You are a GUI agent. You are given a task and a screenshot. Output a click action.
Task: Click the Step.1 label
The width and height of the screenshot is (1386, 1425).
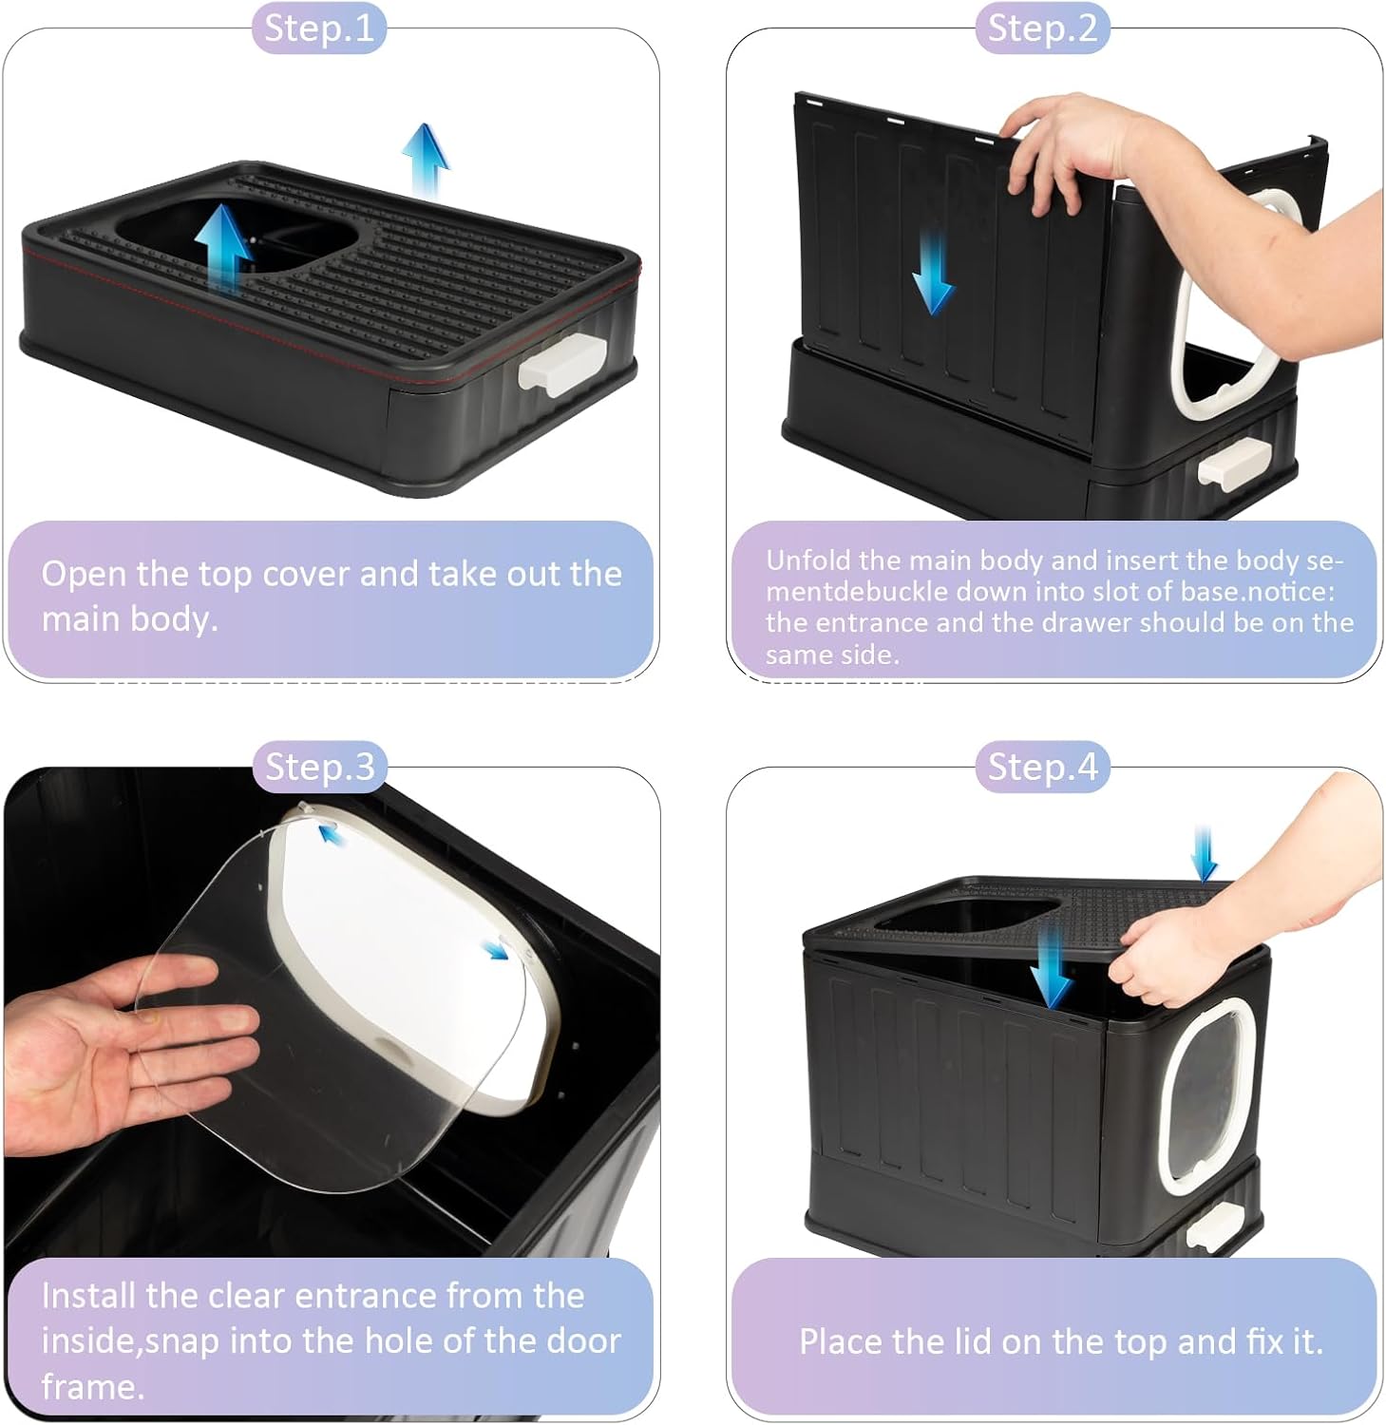click(318, 28)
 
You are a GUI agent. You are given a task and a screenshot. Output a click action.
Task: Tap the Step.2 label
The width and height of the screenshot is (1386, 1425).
click(1042, 28)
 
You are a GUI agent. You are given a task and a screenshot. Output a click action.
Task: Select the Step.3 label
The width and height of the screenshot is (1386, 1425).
click(319, 767)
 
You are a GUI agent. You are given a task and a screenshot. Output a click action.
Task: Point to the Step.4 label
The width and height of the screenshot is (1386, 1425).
click(1042, 767)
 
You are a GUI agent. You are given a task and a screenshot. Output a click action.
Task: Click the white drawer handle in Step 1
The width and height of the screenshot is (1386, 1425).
click(561, 364)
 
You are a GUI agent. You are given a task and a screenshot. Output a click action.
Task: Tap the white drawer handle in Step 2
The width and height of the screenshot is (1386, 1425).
click(1231, 465)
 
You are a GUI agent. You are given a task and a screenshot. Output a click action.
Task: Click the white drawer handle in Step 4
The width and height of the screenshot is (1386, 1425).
click(1216, 1227)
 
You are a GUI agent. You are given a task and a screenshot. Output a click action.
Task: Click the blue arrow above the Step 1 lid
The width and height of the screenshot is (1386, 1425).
click(425, 161)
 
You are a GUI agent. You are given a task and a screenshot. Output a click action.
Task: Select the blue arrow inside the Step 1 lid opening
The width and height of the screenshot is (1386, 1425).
click(224, 245)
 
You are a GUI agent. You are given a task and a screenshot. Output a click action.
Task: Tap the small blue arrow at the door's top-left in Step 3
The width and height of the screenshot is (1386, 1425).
click(332, 833)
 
